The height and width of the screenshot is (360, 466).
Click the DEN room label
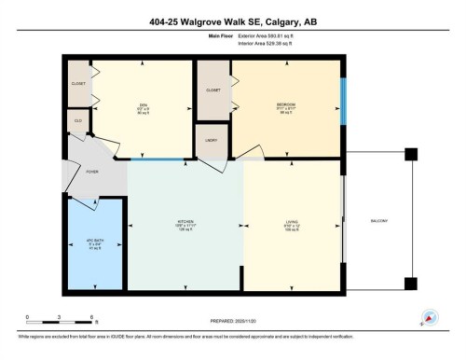(x=142, y=104)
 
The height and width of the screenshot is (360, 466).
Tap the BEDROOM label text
(x=284, y=104)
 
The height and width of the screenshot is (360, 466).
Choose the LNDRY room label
(x=211, y=139)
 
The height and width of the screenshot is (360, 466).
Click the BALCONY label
(x=377, y=220)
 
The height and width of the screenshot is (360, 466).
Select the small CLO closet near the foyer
(x=77, y=121)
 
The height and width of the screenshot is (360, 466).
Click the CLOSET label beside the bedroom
(x=212, y=90)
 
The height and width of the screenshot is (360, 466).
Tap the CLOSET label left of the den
(x=78, y=83)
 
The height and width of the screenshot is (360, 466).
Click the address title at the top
(x=233, y=20)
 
